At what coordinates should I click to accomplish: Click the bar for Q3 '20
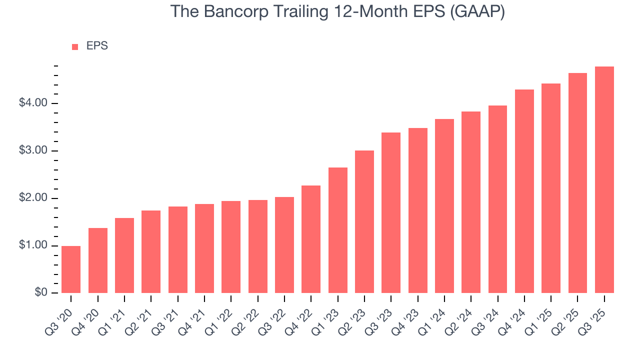point(71,269)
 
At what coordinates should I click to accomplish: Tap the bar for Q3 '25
point(604,180)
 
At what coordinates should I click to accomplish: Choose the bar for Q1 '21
point(124,255)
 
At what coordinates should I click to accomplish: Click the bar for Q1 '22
point(231,247)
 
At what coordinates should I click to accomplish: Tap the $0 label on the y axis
point(40,293)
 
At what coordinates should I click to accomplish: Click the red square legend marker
point(75,46)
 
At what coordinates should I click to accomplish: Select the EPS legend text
point(97,46)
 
